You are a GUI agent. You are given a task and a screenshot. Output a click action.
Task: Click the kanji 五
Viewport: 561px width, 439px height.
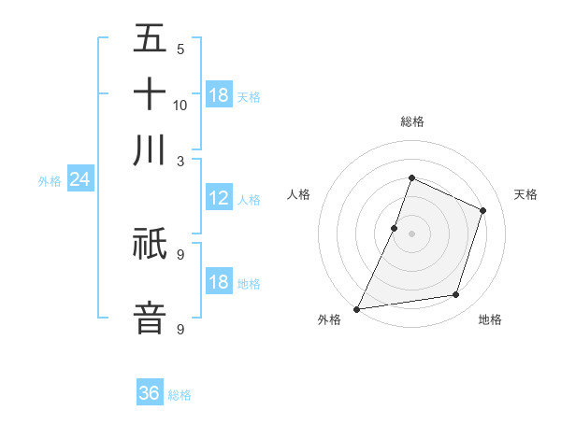[150, 39]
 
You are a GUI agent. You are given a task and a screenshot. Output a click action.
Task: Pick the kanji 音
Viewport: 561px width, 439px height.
[150, 316]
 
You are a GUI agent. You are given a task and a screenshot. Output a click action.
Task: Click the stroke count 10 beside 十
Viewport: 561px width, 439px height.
[180, 105]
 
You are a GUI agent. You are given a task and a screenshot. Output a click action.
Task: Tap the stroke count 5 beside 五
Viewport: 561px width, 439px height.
[180, 50]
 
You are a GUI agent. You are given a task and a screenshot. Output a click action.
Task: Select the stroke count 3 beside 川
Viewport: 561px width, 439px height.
[180, 160]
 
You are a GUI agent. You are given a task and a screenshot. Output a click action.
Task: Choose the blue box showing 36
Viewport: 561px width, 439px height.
[150, 393]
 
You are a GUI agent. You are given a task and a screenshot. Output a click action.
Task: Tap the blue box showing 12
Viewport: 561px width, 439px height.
[219, 198]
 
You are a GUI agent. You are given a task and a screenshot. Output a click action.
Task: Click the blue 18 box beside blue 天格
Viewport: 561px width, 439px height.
[219, 95]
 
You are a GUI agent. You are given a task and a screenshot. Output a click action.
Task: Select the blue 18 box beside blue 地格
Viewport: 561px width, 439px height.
[219, 283]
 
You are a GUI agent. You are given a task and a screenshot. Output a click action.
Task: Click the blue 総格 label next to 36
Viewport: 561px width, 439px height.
[180, 395]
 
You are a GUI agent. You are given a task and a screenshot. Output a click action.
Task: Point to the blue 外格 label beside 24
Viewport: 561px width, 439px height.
[50, 181]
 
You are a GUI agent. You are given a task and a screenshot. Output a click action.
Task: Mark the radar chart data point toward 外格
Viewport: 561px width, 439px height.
[356, 309]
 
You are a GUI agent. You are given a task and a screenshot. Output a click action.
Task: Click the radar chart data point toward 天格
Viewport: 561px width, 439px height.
[483, 210]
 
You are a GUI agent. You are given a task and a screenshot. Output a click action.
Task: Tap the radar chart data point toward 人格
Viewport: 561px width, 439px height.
[395, 228]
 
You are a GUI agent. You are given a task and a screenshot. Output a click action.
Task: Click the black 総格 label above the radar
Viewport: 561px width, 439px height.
[411, 121]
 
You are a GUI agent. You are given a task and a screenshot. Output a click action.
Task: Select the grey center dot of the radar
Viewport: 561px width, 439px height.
[411, 234]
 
